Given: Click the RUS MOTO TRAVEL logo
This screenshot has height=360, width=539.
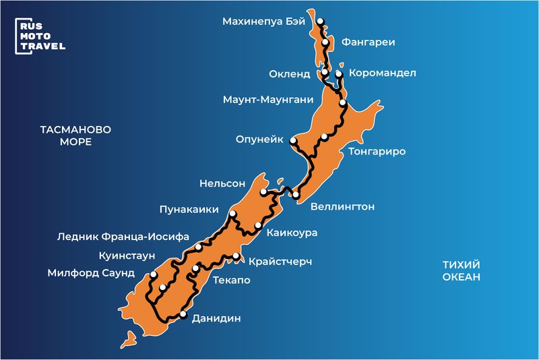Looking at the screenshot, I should point(40,36).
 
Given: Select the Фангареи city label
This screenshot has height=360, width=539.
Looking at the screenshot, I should point(368,42).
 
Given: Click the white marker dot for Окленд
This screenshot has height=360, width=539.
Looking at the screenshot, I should point(325,72).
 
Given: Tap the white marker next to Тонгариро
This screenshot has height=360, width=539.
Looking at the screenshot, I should point(324,137).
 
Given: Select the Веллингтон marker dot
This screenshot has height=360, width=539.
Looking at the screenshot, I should point(295,195).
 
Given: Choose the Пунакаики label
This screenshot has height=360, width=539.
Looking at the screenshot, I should point(189,210).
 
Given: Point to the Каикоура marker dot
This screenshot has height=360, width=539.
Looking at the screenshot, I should point(258,225).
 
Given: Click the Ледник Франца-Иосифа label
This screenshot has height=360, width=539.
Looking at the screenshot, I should point(123,237).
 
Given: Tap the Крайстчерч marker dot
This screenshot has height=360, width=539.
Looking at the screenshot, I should point(236,256).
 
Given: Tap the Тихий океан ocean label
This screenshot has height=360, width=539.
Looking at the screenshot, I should point(462,271).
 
